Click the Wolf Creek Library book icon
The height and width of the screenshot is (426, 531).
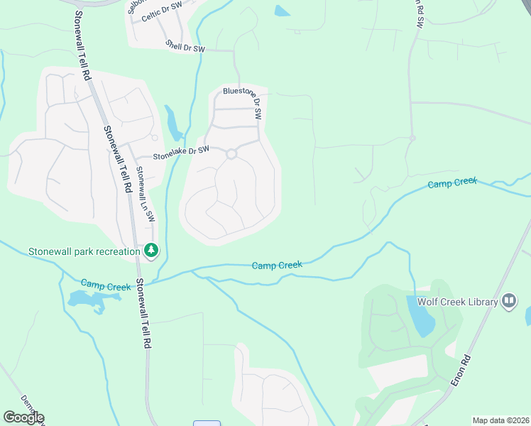[x=508, y=301]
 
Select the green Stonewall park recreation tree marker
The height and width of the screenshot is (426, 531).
[x=150, y=250]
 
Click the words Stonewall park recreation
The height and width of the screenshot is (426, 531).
[x=84, y=251]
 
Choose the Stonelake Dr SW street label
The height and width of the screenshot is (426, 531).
[x=181, y=151]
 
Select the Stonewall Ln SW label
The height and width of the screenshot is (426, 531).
[x=146, y=194]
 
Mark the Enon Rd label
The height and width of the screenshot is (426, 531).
[x=461, y=371]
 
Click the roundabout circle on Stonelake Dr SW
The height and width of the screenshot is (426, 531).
[x=231, y=153]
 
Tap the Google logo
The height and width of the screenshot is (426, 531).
[x=23, y=417]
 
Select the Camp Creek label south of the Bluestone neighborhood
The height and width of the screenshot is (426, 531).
[x=277, y=266]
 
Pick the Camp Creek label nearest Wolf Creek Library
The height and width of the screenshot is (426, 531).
[x=452, y=183]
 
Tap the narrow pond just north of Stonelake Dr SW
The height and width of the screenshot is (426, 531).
[x=173, y=124]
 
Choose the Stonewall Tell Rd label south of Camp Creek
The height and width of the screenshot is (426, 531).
[x=144, y=312]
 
